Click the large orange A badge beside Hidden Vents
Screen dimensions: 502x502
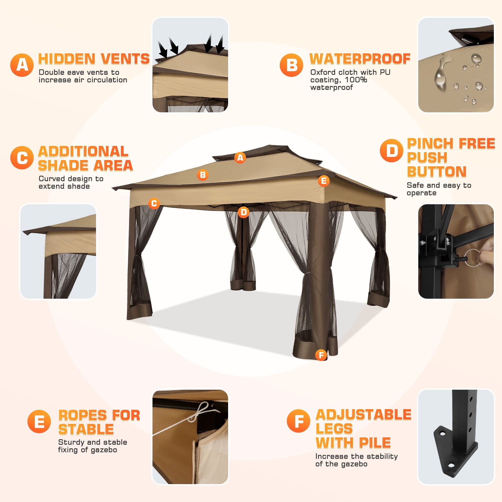pyautogui.click(x=22, y=65)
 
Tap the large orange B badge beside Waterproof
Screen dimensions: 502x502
pyautogui.click(x=291, y=65)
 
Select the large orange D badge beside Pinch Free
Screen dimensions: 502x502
pyautogui.click(x=391, y=151)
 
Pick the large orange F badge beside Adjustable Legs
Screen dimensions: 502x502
pyautogui.click(x=298, y=421)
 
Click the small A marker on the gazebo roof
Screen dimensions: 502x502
pyautogui.click(x=240, y=158)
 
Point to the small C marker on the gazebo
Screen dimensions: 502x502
pyautogui.click(x=154, y=203)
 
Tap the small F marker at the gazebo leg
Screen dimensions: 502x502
pyautogui.click(x=321, y=355)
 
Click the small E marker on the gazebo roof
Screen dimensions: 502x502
pyautogui.click(x=324, y=181)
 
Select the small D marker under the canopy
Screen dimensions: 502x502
pyautogui.click(x=243, y=212)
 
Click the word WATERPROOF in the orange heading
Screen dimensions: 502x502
pyautogui.click(x=360, y=59)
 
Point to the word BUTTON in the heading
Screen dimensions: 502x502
pyautogui.click(x=437, y=172)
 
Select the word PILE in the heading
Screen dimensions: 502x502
pyautogui.click(x=375, y=443)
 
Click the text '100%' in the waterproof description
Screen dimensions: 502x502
pyautogui.click(x=356, y=80)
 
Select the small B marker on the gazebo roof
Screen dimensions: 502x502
pyautogui.click(x=203, y=175)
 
